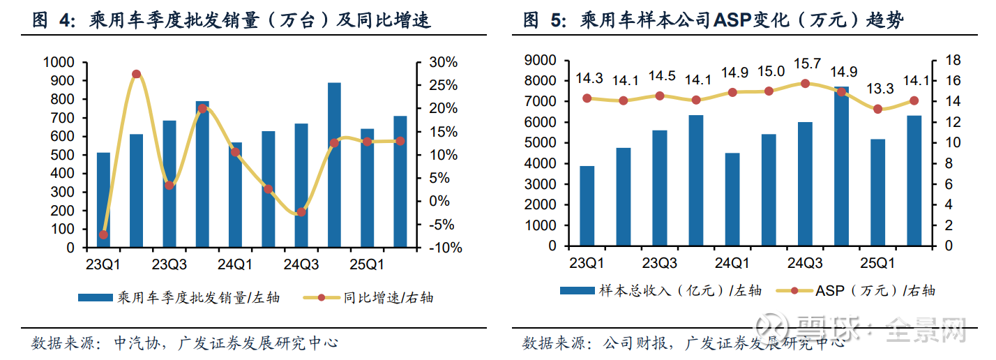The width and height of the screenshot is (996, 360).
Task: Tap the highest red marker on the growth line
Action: pyautogui.click(x=136, y=74)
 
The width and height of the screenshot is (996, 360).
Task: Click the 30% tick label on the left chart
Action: pyautogui.click(x=443, y=63)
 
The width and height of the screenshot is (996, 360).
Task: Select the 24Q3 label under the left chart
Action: pyautogui.click(x=301, y=266)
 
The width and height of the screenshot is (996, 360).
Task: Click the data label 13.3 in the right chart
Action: pyautogui.click(x=879, y=89)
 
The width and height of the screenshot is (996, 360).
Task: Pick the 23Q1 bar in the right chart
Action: pyautogui.click(x=587, y=206)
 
